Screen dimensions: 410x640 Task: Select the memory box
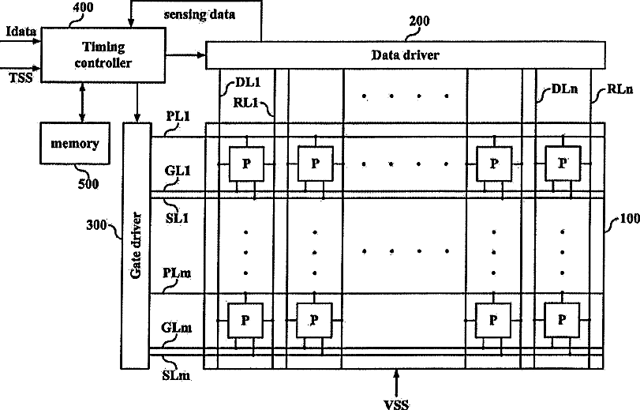(x=75, y=144)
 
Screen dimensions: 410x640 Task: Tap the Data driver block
(x=405, y=55)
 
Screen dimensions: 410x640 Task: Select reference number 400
(x=81, y=8)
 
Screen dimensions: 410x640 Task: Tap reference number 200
(x=419, y=21)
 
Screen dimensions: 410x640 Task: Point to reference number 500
(x=88, y=183)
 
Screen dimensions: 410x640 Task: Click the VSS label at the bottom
(x=395, y=404)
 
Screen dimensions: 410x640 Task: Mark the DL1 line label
(x=248, y=81)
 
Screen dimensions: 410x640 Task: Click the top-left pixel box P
(x=245, y=164)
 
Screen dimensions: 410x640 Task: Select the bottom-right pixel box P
(x=562, y=320)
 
